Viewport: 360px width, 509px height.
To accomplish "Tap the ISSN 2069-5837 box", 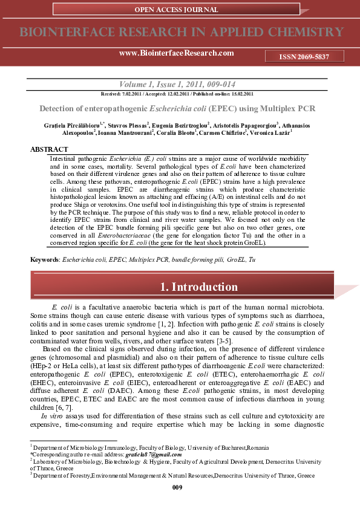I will [x=304, y=56].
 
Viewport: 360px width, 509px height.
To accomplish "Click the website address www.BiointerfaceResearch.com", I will [x=177, y=53].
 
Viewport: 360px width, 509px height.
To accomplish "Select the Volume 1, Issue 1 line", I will [x=180, y=85].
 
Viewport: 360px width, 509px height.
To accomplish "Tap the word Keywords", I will [x=44, y=259].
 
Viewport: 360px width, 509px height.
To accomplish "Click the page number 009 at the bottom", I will [x=177, y=487].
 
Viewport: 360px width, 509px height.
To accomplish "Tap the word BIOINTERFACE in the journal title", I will [x=60, y=32].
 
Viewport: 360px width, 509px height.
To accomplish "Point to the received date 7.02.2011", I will [x=129, y=94].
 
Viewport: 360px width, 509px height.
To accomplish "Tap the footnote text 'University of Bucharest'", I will [x=217, y=447].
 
